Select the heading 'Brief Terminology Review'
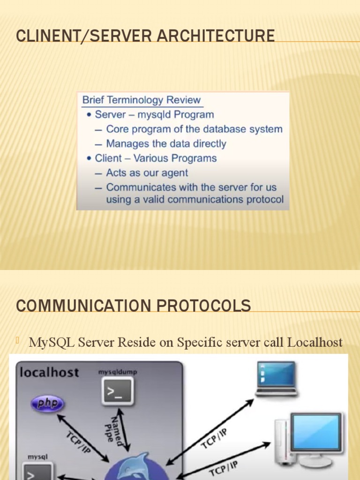(141, 100)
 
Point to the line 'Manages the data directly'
(166, 143)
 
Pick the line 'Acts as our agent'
(147, 172)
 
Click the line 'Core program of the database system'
(194, 129)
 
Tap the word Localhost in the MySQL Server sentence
(315, 342)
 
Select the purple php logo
(47, 404)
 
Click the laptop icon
(276, 378)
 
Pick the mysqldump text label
(118, 372)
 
